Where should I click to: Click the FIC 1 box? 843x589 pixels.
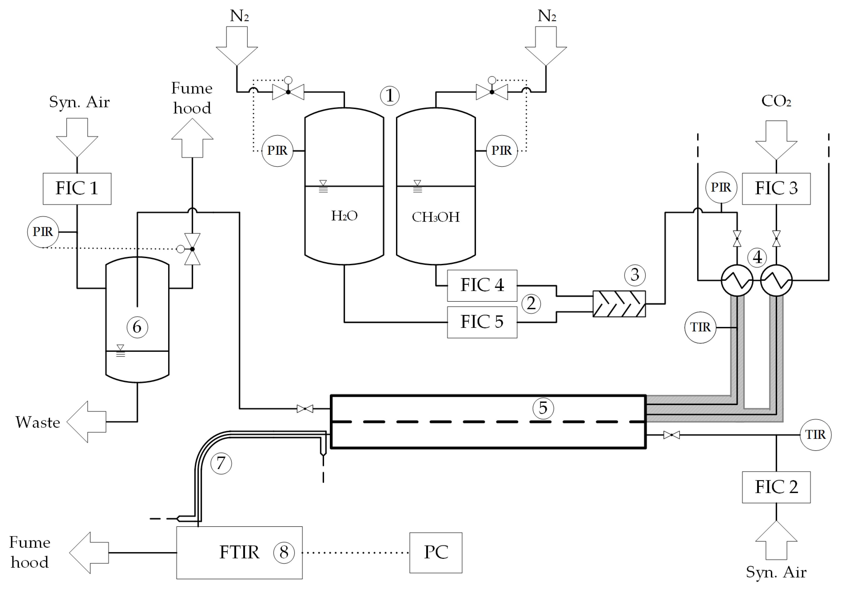click(x=77, y=189)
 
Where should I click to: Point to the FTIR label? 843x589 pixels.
click(x=239, y=552)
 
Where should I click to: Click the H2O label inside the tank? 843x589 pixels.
click(x=344, y=216)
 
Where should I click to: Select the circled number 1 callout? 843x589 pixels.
click(x=390, y=96)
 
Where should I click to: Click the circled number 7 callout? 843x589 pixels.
click(x=221, y=463)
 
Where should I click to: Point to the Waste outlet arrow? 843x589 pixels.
click(x=87, y=422)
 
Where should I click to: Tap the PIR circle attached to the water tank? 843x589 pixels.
click(x=277, y=150)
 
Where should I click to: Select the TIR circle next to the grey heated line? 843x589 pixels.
click(x=700, y=327)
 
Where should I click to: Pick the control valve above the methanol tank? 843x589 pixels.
click(x=492, y=92)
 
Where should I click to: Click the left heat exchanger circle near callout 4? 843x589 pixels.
click(x=737, y=280)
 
